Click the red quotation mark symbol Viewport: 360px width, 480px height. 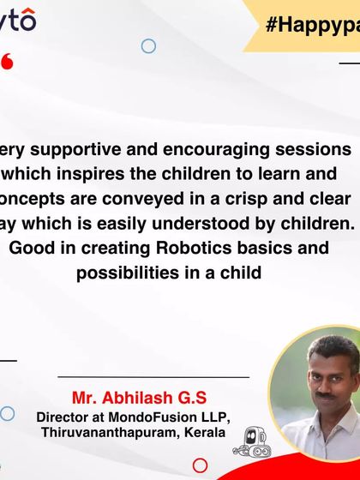point(7,62)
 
